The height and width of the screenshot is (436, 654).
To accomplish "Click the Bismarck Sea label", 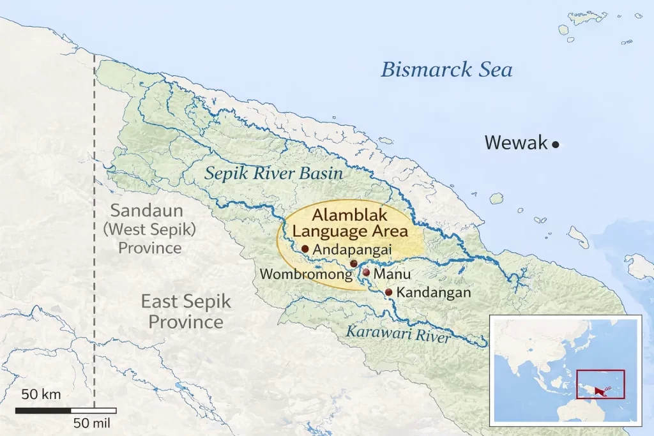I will tap(446, 70).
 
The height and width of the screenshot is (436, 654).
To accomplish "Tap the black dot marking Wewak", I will tap(556, 145).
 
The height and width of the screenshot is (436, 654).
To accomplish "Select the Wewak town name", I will tap(515, 142).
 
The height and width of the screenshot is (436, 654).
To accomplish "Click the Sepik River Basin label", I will tap(273, 174).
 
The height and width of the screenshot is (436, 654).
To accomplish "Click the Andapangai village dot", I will tap(305, 249).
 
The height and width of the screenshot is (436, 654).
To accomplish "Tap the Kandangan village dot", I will tap(388, 292).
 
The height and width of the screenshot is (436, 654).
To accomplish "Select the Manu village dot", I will tap(366, 273).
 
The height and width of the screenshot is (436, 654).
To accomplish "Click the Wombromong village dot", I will tap(354, 264).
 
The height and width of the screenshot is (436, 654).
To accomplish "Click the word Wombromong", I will tap(305, 275).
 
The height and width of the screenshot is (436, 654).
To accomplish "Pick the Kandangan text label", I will tap(434, 293).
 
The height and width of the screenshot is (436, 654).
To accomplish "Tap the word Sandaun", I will tap(146, 211).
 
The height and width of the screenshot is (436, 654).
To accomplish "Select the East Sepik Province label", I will tap(186, 311).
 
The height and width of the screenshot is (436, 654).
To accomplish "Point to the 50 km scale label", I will tap(41, 394).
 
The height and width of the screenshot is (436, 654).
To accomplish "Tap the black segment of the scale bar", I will tap(43, 410).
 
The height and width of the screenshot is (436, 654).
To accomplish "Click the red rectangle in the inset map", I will tap(600, 384).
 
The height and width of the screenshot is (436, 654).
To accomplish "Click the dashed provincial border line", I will tap(95, 192).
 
